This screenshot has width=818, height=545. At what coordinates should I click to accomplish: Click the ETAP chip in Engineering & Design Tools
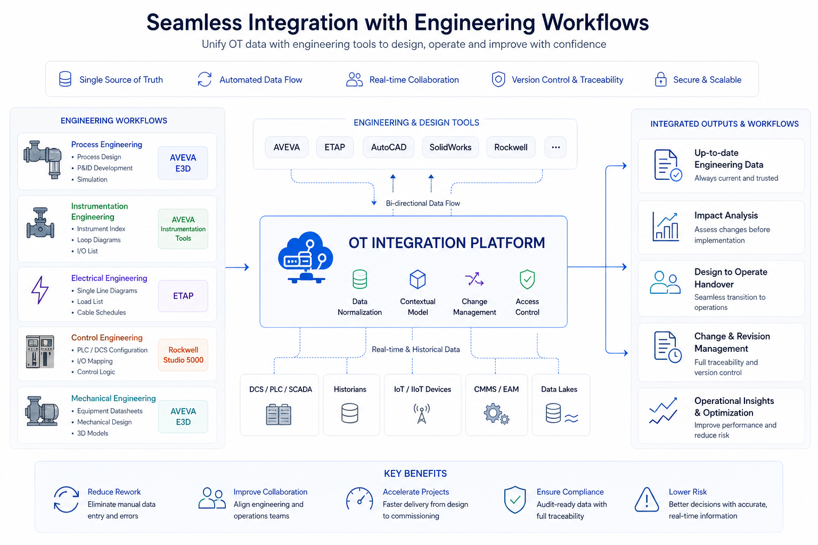click(x=335, y=147)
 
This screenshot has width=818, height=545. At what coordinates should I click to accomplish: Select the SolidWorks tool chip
click(x=451, y=147)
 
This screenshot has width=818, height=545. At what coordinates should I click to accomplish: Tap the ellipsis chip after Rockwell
click(x=555, y=147)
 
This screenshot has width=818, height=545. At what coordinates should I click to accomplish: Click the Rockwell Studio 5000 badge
click(x=183, y=355)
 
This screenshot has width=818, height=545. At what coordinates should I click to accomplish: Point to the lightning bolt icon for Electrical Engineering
click(x=40, y=290)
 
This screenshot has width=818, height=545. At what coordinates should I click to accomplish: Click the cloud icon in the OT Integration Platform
click(x=306, y=257)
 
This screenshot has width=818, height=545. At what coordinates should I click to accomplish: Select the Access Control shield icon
click(x=527, y=279)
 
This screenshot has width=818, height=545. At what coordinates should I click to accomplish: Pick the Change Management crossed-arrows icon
click(x=474, y=279)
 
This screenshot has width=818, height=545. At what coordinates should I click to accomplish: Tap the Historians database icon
click(x=350, y=413)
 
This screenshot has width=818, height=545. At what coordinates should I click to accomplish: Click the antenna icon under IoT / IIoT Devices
click(x=422, y=414)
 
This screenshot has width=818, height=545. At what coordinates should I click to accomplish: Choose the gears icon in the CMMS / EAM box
click(x=496, y=414)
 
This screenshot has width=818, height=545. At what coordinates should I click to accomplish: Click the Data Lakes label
click(x=559, y=390)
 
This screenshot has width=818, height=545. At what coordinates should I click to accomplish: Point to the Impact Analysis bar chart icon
click(x=666, y=227)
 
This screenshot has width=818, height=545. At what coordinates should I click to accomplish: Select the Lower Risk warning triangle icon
click(x=647, y=500)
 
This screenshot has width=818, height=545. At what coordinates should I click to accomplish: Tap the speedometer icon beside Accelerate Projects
click(x=359, y=499)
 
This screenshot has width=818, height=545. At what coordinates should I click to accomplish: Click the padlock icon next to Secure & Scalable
click(x=661, y=79)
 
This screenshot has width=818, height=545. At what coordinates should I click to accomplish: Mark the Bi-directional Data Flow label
click(x=423, y=203)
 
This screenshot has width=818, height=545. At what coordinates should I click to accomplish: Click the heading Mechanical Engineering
click(x=113, y=399)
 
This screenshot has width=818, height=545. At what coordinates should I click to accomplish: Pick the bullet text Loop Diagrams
click(x=99, y=240)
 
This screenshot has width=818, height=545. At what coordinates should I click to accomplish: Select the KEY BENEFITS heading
click(x=415, y=474)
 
